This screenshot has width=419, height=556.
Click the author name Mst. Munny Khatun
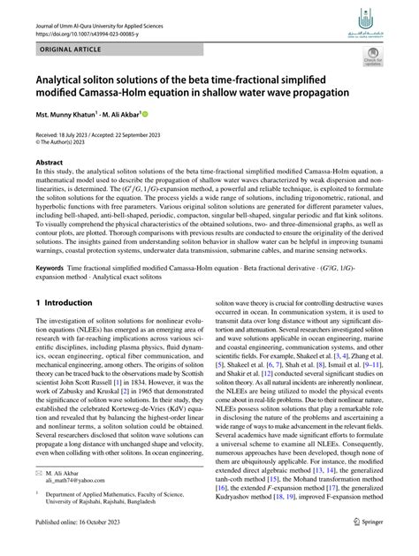pyautogui.click(x=70, y=115)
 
